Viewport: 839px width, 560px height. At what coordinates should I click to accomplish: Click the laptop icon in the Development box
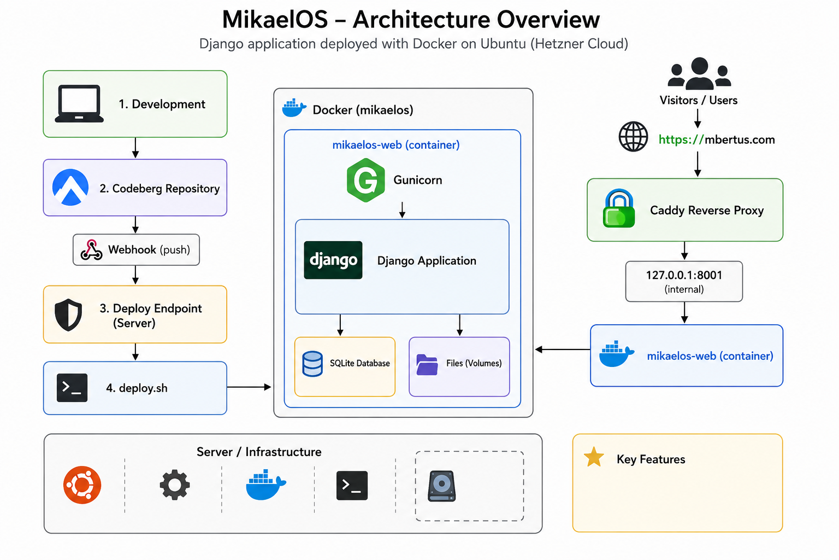79,103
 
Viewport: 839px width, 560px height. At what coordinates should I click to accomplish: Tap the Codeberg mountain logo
70,187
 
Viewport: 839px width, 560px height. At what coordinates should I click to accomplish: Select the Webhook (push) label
149,249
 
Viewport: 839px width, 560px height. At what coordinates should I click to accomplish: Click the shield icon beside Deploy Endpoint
68,314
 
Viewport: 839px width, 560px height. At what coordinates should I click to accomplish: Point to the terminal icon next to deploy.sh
72,388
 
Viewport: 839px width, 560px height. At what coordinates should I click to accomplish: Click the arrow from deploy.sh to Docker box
249,387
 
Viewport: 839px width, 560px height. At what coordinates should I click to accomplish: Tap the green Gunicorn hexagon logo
365,180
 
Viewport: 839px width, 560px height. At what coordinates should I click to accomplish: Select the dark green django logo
333,260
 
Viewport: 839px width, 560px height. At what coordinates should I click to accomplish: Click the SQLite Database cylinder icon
312,364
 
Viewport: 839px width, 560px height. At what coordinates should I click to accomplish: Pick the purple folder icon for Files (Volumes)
427,364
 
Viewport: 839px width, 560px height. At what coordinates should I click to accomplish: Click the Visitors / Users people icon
699,73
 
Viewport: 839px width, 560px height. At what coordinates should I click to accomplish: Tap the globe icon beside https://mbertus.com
633,137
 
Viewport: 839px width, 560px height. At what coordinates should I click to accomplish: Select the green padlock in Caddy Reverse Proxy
619,208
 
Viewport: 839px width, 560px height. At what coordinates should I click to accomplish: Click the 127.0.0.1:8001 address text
684,275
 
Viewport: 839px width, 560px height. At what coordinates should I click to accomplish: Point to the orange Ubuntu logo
82,485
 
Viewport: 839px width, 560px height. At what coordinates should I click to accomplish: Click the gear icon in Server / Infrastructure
175,485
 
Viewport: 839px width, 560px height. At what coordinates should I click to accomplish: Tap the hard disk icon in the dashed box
441,486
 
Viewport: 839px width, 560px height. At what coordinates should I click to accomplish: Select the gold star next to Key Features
594,457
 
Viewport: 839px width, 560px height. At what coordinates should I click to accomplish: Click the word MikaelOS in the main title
275,20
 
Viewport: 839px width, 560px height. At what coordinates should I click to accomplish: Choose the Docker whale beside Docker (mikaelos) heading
294,108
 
